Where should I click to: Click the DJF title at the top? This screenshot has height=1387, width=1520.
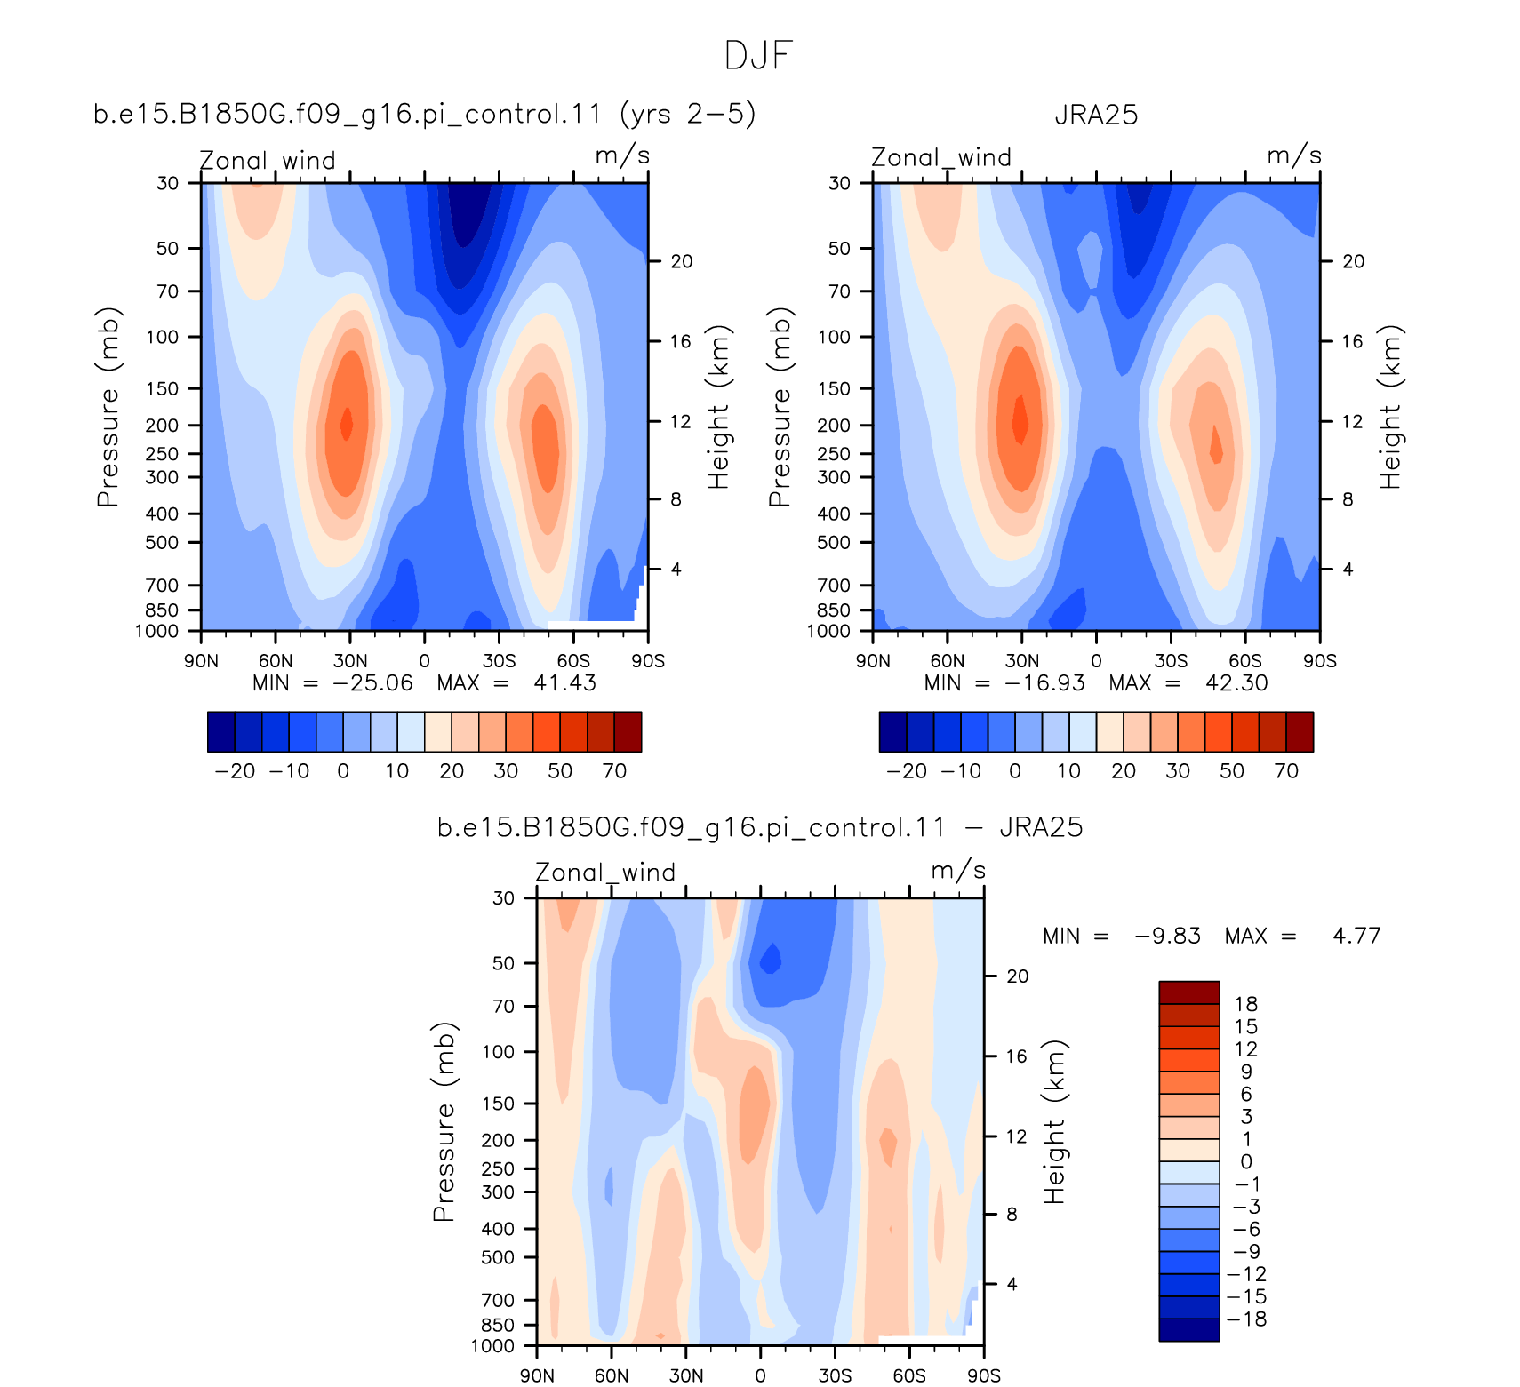pos(758,55)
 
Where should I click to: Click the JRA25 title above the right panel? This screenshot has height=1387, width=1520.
pos(1096,116)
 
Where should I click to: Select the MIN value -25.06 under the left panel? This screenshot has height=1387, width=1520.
pos(372,682)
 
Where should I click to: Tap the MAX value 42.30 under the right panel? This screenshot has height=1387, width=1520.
pos(1236,682)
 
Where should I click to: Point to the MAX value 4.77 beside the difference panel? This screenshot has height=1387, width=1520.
pos(1356,936)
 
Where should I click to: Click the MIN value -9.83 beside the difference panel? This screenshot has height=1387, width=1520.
pos(1167,936)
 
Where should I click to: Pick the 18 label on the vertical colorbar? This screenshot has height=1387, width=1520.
pos(1246,1004)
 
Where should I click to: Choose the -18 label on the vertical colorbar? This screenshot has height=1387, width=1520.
pos(1246,1319)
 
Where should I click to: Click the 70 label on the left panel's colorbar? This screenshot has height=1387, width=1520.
pos(615,770)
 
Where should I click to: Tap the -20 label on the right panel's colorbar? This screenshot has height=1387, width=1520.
pos(907,770)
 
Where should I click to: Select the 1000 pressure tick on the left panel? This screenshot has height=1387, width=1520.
pos(156,631)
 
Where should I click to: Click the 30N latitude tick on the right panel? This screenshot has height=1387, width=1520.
pos(1022,660)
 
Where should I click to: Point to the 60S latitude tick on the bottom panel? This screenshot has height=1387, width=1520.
pos(909,1375)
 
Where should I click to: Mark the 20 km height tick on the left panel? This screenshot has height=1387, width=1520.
pos(682,261)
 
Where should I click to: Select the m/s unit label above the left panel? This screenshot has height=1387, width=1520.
pos(622,155)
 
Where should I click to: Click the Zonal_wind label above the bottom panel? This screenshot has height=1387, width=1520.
pos(605,873)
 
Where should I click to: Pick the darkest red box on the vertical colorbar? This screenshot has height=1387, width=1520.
pos(1189,992)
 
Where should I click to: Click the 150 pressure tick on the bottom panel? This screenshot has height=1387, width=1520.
pos(498,1104)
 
